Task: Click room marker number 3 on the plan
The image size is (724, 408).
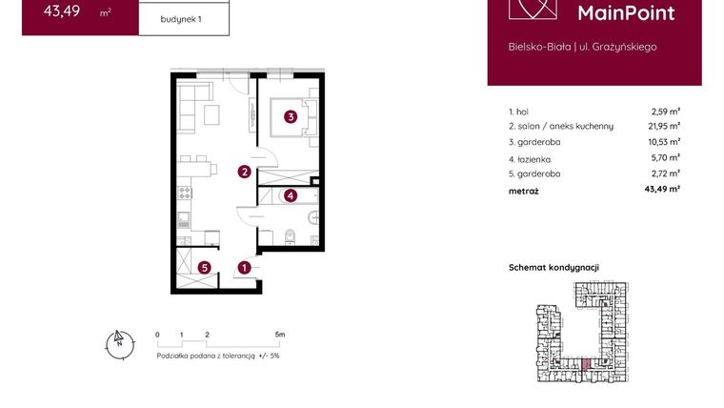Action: click(291, 118)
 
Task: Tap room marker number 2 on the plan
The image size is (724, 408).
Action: click(245, 172)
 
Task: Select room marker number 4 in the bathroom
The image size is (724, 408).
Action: click(291, 196)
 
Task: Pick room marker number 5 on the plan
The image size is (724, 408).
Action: click(205, 268)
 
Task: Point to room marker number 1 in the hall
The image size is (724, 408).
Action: click(245, 268)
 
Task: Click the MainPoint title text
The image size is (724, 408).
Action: click(626, 12)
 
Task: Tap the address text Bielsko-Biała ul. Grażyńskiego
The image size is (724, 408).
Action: click(582, 46)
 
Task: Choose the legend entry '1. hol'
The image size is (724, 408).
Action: click(519, 112)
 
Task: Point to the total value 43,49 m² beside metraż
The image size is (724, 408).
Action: click(661, 190)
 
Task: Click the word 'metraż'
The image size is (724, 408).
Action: click(524, 191)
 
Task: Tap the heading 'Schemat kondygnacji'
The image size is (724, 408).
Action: click(553, 268)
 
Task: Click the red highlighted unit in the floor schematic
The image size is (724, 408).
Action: click(586, 363)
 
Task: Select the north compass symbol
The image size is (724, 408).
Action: click(118, 342)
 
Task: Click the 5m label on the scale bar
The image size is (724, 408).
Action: click(279, 336)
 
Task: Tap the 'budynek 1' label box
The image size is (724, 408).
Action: click(182, 18)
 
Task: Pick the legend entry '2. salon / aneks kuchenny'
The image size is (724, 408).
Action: click(561, 126)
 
